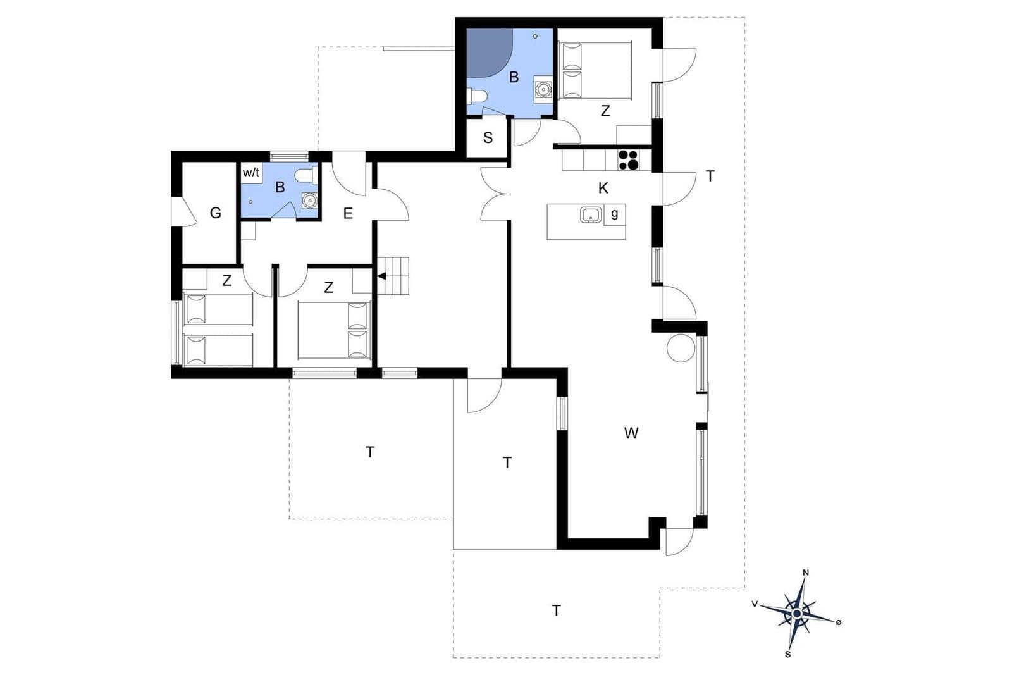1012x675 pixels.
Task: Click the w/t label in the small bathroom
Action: (251, 173)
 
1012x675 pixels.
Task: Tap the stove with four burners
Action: (629, 160)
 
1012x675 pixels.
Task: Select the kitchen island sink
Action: (591, 215)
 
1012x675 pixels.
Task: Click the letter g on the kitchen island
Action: (614, 214)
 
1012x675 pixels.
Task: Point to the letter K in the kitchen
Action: (603, 189)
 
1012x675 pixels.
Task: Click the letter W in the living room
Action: (631, 433)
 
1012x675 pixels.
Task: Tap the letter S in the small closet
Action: (488, 138)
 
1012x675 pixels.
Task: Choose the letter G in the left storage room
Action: (216, 213)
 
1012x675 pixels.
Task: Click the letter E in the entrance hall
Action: (348, 213)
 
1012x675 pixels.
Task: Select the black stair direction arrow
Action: (382, 276)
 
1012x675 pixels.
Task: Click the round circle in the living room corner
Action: (681, 347)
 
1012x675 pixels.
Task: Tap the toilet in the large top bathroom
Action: (477, 96)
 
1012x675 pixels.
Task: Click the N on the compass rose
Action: (806, 573)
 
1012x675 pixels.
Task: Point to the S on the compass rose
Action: (788, 654)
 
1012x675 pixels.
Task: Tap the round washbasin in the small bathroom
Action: (310, 200)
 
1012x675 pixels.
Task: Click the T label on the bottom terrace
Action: (557, 611)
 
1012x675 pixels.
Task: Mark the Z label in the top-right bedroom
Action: (605, 111)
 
